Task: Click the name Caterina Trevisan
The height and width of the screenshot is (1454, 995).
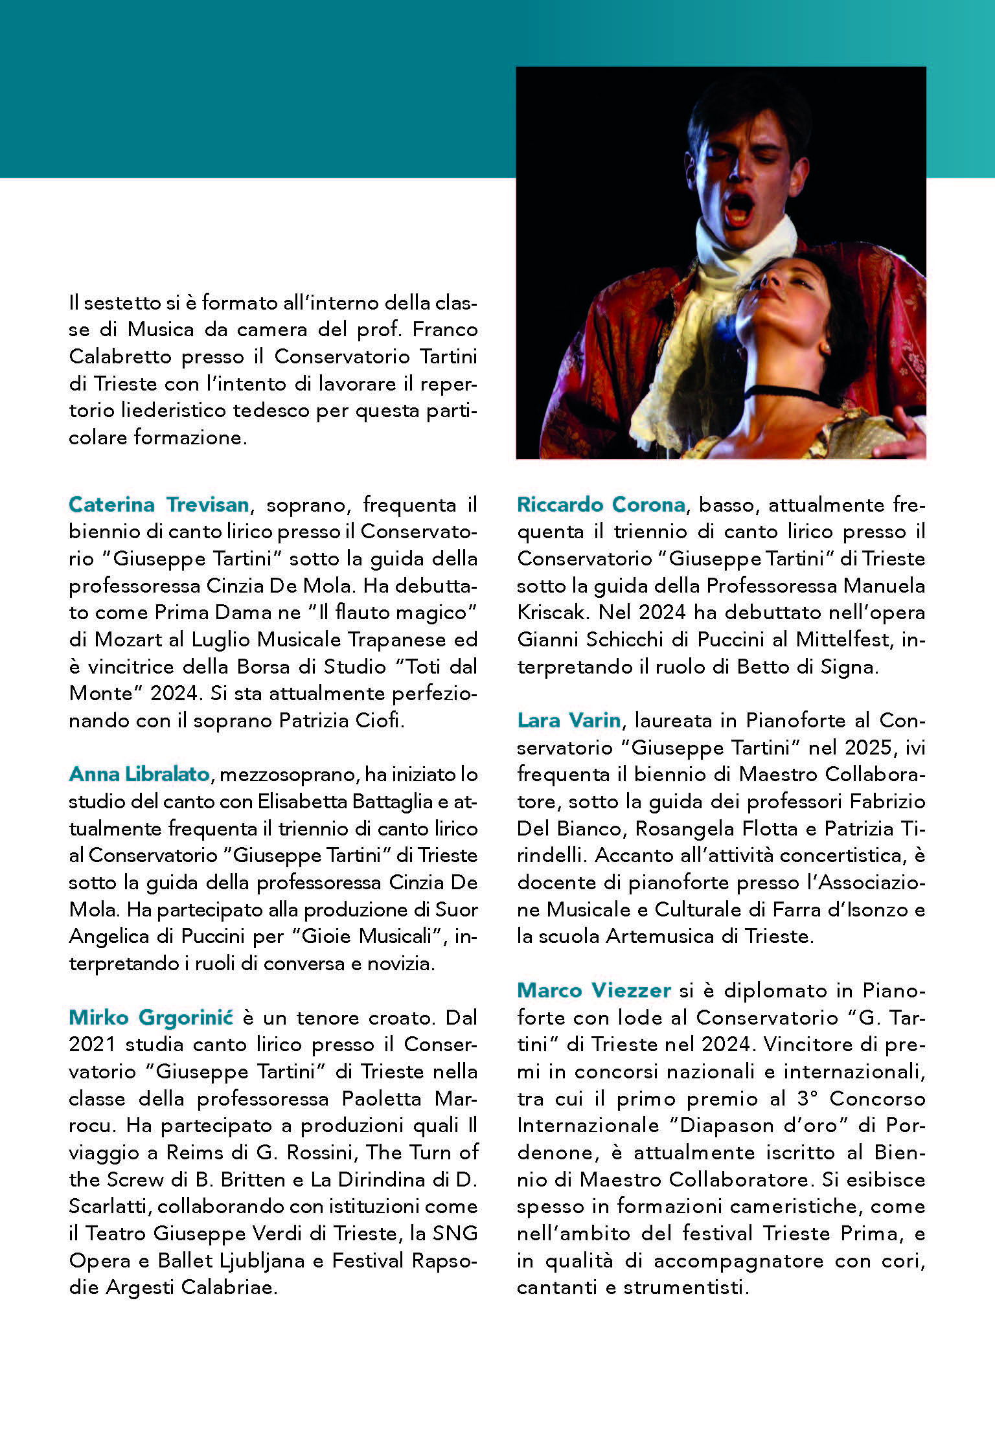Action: click(159, 504)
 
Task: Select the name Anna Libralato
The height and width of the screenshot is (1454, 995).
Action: click(139, 773)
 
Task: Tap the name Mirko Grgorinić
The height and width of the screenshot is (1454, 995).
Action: click(151, 1017)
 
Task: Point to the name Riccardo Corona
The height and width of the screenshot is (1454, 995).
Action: click(601, 504)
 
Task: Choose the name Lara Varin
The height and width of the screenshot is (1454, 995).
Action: click(569, 720)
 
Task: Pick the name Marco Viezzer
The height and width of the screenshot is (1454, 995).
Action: click(594, 990)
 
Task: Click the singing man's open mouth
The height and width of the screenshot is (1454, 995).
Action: click(739, 209)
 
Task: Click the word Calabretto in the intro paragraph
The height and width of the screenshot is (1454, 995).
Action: click(120, 356)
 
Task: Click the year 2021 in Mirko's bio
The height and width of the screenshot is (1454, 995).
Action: click(92, 1044)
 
